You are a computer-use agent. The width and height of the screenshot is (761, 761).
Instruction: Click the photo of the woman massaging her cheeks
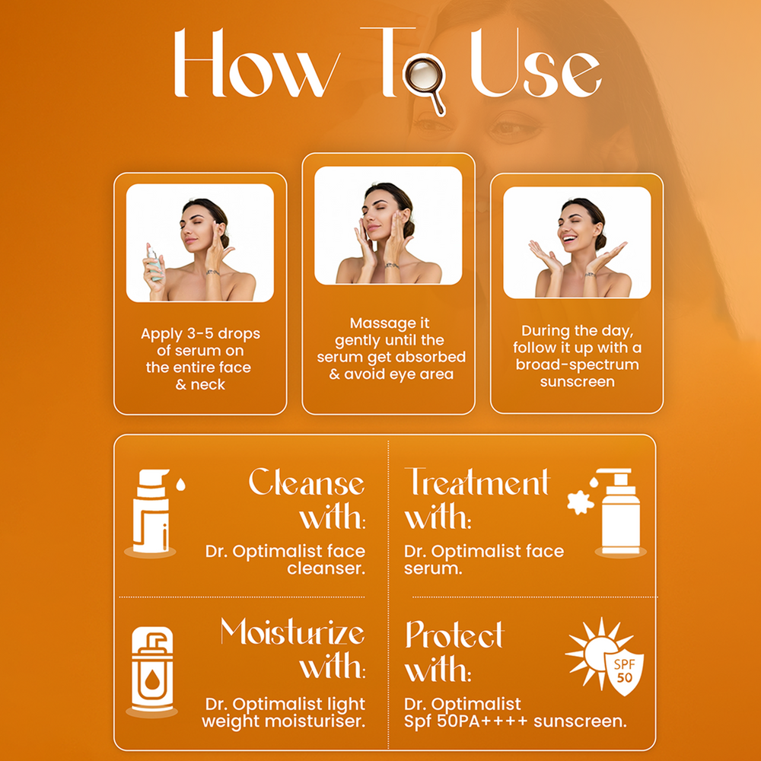pyautogui.click(x=388, y=225)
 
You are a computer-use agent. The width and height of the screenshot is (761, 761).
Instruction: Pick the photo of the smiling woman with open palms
pyautogui.click(x=577, y=242)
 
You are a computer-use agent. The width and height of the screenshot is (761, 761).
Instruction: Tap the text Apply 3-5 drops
pyautogui.click(x=200, y=334)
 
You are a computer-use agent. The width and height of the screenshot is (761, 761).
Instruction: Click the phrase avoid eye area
pyautogui.click(x=399, y=374)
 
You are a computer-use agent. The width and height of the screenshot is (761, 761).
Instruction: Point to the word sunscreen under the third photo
pyautogui.click(x=577, y=382)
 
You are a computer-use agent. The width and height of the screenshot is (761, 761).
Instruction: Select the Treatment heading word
pyautogui.click(x=478, y=482)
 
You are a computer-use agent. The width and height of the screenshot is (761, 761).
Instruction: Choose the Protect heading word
pyautogui.click(x=454, y=635)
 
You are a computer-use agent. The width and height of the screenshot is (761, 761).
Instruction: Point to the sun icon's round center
pyautogui.click(x=599, y=654)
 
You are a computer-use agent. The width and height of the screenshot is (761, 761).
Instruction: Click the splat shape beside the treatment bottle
pyautogui.click(x=581, y=503)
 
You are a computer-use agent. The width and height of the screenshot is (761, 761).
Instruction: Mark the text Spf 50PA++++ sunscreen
pyautogui.click(x=515, y=721)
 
